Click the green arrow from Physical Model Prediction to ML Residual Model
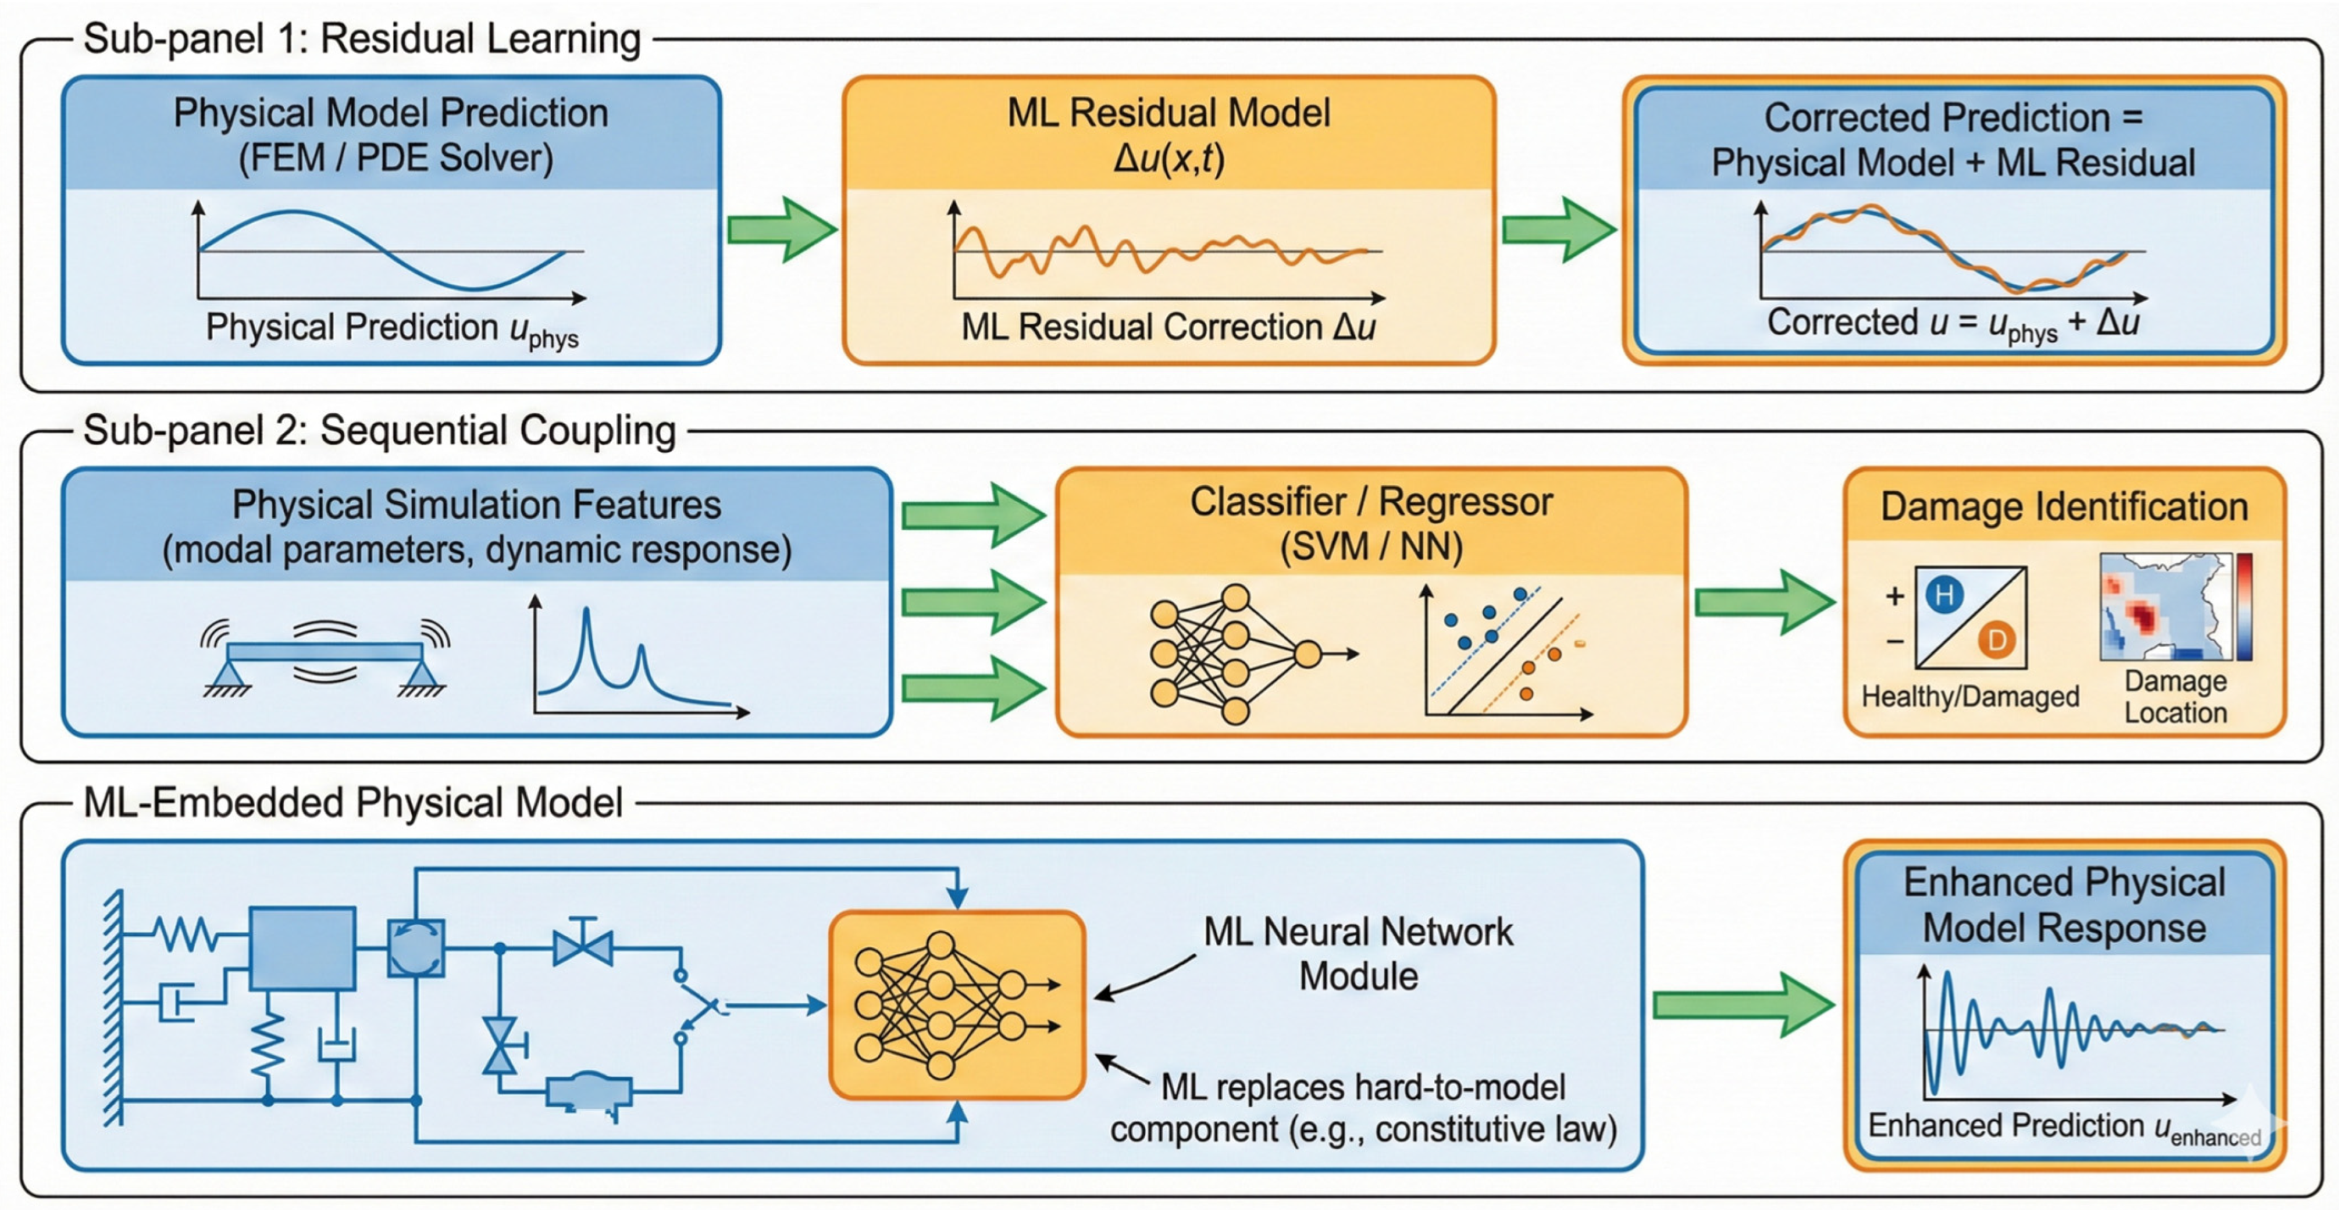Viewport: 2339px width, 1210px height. click(781, 229)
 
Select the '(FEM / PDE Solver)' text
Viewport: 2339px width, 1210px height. click(395, 158)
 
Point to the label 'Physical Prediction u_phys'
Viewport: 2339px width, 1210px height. click(391, 329)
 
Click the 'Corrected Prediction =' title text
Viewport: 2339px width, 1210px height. click(1952, 117)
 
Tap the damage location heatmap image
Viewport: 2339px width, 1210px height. click(2165, 607)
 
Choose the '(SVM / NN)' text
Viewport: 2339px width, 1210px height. click(1370, 547)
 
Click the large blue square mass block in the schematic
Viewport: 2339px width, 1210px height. click(302, 947)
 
